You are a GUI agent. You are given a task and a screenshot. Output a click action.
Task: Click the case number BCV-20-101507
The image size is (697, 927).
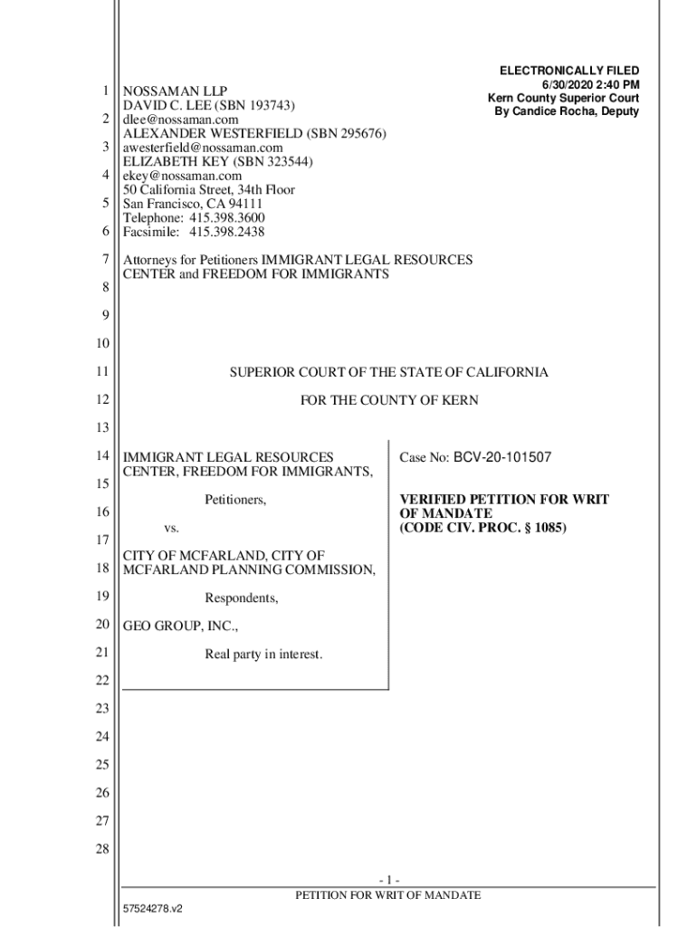click(502, 458)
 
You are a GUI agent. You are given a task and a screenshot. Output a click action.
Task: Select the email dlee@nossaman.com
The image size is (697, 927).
click(181, 119)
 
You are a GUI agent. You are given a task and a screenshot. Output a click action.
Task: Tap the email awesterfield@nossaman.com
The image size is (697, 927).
click(203, 148)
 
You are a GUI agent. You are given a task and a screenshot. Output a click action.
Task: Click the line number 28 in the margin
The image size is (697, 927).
click(102, 849)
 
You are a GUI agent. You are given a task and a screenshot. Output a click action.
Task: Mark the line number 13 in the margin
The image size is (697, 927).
click(102, 427)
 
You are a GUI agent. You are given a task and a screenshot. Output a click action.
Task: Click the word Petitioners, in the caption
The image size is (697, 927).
click(235, 500)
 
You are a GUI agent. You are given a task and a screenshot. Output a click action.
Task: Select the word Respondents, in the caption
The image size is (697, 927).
click(241, 597)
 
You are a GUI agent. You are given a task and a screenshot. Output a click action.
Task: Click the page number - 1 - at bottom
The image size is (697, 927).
click(389, 881)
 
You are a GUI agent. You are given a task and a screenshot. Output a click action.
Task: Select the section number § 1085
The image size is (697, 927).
click(541, 528)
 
